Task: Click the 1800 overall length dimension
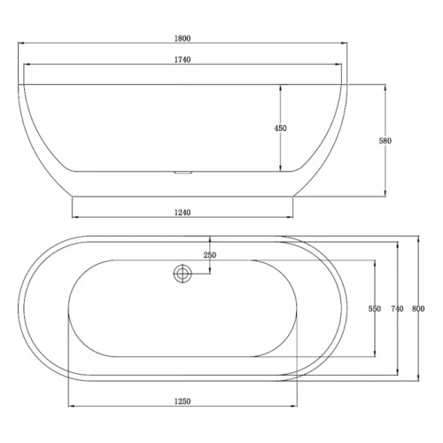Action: click(183, 39)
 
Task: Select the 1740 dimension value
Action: click(183, 59)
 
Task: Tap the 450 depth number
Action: click(281, 128)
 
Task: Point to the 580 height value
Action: click(385, 140)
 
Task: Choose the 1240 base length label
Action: click(183, 213)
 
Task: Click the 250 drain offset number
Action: click(209, 255)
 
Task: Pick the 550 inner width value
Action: click(374, 308)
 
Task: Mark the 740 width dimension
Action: click(397, 308)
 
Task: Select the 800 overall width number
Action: click(419, 308)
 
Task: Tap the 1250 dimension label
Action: click(183, 401)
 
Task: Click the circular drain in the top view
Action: click(183, 274)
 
